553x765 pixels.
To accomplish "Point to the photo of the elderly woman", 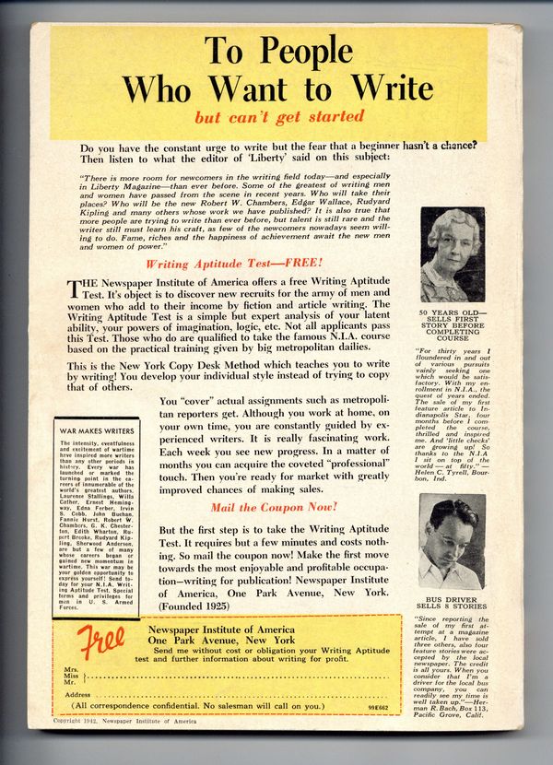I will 453,254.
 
